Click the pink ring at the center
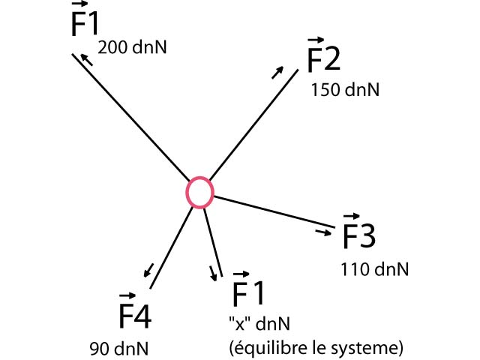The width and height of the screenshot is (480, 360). [199, 191]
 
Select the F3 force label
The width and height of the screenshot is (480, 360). [358, 234]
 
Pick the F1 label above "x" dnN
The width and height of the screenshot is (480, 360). [249, 291]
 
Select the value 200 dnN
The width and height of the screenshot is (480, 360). [132, 47]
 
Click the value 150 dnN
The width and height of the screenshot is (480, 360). [345, 89]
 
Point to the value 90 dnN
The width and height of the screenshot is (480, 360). [118, 349]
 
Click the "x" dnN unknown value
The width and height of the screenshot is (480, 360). [259, 324]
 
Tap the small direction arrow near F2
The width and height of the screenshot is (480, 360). [277, 72]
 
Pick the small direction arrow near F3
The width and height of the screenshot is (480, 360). [323, 233]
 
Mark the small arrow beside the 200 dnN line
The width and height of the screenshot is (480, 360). [88, 59]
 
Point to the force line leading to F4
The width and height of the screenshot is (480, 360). [171, 247]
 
